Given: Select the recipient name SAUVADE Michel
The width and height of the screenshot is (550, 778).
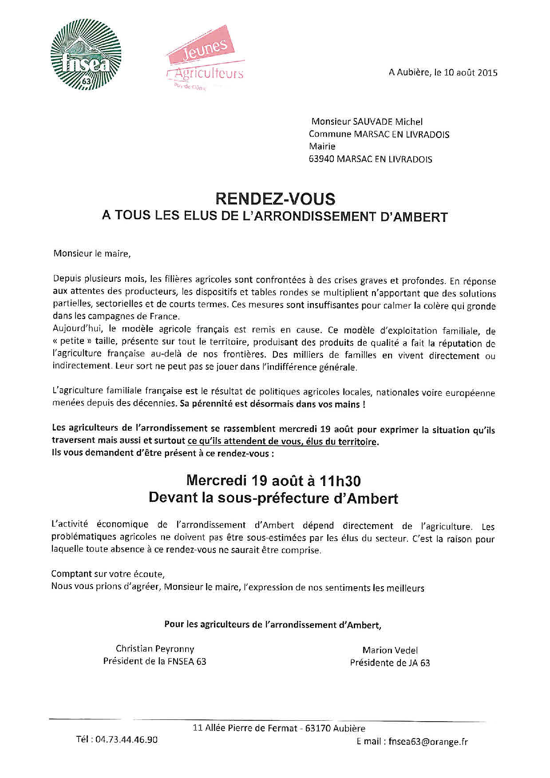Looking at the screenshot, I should (387, 122).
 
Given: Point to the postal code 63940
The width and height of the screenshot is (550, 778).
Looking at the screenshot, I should (321, 159).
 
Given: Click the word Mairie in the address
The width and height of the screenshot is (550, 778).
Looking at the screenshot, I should (322, 146).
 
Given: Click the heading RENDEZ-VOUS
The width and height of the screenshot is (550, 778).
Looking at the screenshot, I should (275, 198).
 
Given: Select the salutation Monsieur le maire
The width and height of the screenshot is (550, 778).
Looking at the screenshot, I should (92, 254).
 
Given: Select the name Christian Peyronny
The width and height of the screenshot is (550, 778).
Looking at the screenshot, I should (155, 649).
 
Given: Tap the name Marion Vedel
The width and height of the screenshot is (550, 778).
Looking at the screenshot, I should (390, 651).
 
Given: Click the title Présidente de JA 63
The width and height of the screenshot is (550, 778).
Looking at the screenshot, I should (390, 663).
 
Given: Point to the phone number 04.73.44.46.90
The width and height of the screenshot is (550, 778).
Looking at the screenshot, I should (127, 740).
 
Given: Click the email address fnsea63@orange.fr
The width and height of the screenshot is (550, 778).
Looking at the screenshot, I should (428, 742).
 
